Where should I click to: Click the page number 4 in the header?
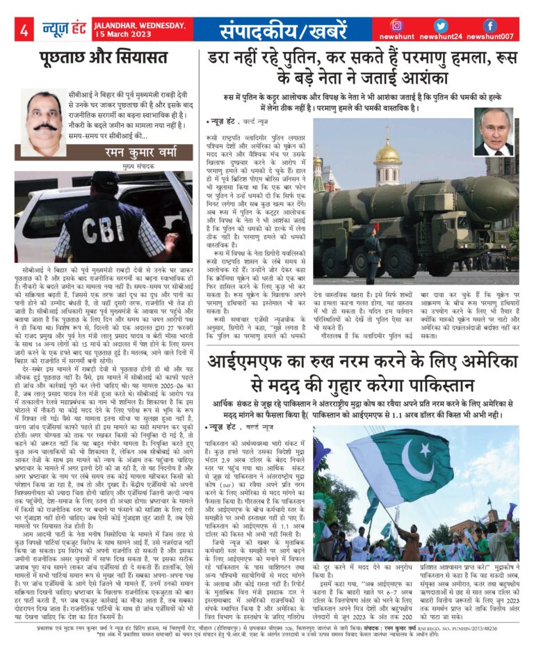pyautogui.click(x=24, y=31)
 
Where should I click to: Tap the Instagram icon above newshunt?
pyautogui.click(x=396, y=26)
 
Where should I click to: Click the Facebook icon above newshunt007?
pyautogui.click(x=489, y=26)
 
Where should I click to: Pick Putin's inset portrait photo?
pyautogui.click(x=494, y=131)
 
